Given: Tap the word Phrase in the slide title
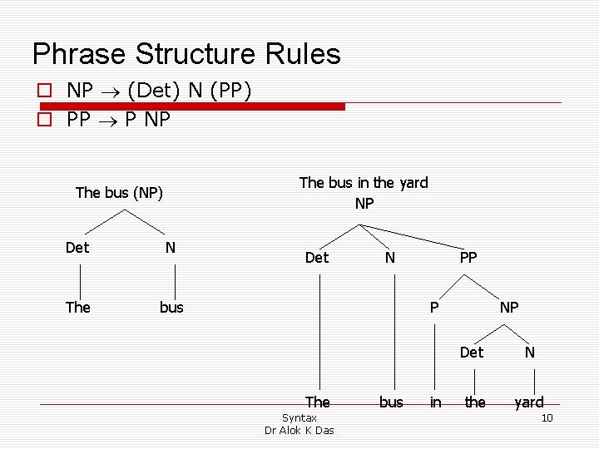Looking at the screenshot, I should coord(79,54).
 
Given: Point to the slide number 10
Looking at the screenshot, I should coord(547,417).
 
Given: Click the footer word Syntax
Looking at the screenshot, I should coord(299,417).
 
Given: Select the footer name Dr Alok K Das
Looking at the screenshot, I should coord(299,430).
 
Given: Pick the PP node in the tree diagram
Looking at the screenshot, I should coord(468,258).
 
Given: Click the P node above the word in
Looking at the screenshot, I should coord(433,308).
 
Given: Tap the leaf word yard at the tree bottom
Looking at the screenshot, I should coord(529,402).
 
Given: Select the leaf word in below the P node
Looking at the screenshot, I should coord(435,402).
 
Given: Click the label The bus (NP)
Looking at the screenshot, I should coord(119,193).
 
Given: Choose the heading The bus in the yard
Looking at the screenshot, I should coord(364,183).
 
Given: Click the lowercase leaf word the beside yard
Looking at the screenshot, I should coord(475,402).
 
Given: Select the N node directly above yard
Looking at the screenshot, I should coord(529,353).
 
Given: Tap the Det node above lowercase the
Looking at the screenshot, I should coord(472,353).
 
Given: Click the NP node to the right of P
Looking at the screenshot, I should coord(509,308).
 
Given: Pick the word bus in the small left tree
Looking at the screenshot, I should coord(171,308).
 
